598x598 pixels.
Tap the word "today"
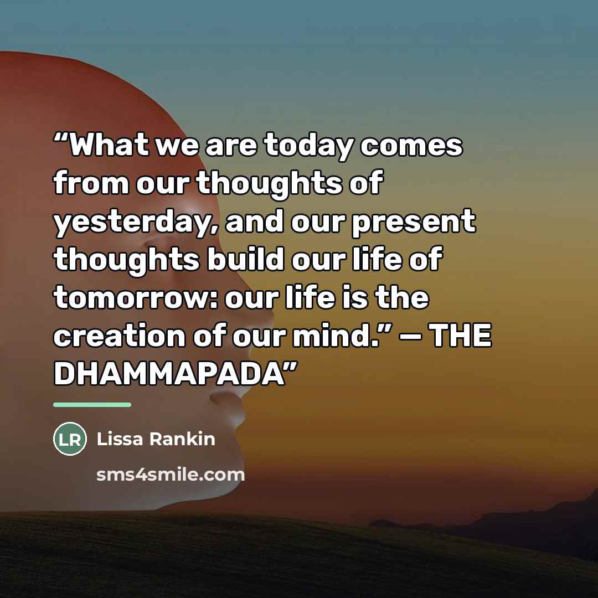pyautogui.click(x=308, y=147)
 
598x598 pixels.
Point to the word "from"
pyautogui.click(x=91, y=182)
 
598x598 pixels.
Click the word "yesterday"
pyautogui.click(x=135, y=223)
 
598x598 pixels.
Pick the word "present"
pyautogui.click(x=414, y=223)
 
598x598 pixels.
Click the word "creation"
pyautogui.click(x=119, y=336)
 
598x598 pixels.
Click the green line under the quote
pyautogui.click(x=92, y=405)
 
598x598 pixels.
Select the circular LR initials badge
pyautogui.click(x=70, y=439)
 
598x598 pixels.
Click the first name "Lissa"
pyautogui.click(x=120, y=439)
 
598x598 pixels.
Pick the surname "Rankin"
pyautogui.click(x=182, y=439)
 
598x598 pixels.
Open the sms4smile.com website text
pyautogui.click(x=171, y=475)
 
